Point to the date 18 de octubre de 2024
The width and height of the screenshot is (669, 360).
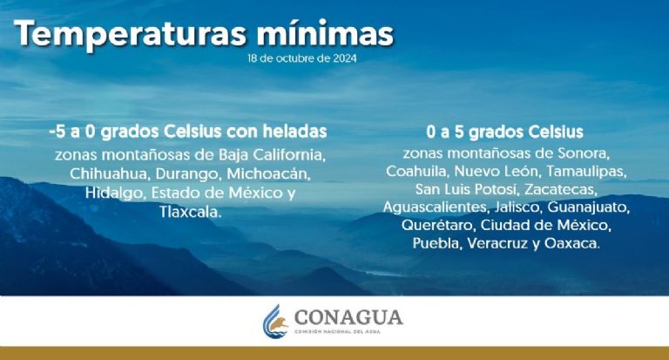point(301,59)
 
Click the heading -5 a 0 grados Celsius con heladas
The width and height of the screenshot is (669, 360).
point(189,132)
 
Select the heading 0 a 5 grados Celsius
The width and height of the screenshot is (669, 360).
point(504,132)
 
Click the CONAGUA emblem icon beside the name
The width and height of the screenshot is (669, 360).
point(277,322)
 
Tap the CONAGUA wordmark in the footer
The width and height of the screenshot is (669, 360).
point(348,317)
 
